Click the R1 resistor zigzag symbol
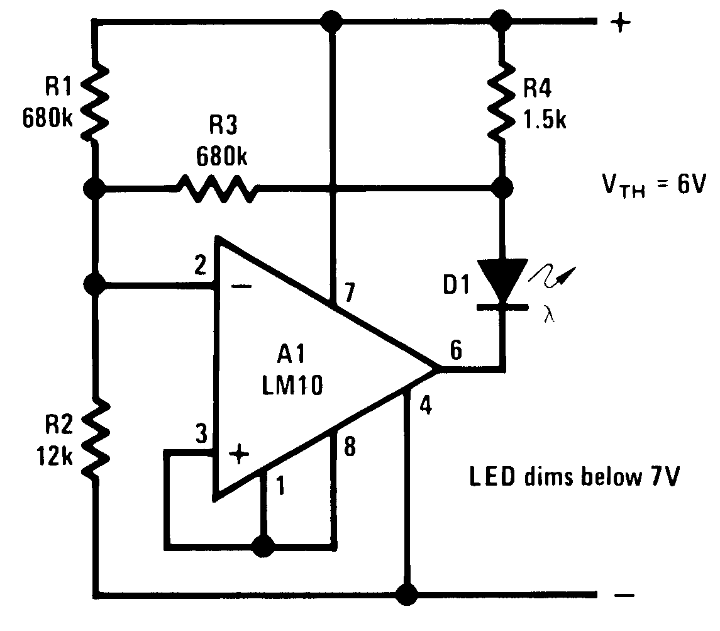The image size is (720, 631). [94, 104]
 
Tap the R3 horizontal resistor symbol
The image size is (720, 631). [217, 187]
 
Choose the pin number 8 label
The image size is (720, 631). [350, 447]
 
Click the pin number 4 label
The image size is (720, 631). [426, 406]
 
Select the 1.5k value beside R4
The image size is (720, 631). [545, 119]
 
